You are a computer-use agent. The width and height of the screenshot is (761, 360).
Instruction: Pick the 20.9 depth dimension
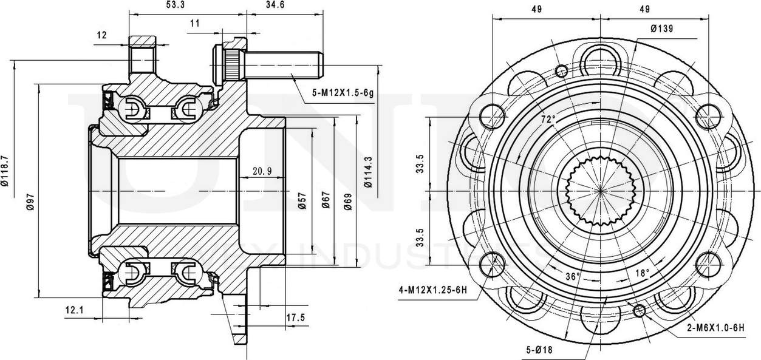(262, 171)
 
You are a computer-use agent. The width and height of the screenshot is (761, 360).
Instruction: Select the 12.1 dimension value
(73, 311)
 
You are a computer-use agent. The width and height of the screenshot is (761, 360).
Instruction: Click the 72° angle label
(549, 120)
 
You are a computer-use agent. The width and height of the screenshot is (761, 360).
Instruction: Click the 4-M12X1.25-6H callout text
(433, 288)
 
